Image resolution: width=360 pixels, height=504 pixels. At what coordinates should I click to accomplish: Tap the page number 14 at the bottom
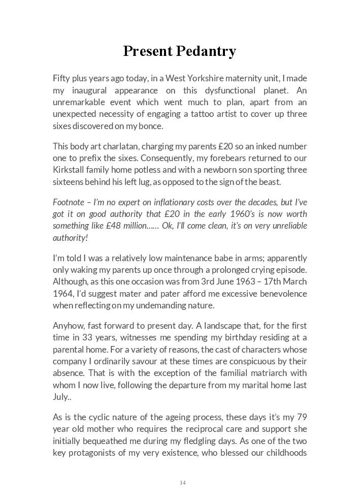[182, 483]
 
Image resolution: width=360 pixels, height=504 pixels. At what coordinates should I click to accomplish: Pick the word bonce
[154, 125]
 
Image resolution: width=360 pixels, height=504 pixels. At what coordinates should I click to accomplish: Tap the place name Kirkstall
[71, 170]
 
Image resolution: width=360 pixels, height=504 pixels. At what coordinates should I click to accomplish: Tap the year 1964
[63, 293]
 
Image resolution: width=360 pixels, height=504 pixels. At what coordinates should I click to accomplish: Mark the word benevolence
[282, 293]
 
